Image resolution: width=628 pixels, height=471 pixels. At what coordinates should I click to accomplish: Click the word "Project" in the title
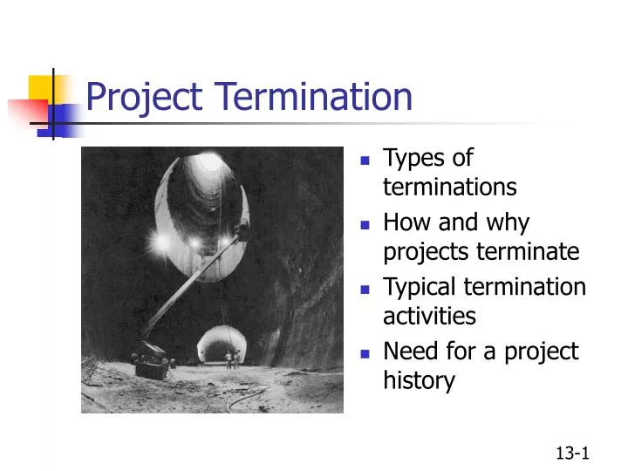139,97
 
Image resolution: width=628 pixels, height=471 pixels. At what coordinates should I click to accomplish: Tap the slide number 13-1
573,452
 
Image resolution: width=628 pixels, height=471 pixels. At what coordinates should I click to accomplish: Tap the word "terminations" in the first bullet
449,188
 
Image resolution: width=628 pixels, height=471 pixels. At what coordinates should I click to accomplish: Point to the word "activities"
429,316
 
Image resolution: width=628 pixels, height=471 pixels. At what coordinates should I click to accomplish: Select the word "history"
419,381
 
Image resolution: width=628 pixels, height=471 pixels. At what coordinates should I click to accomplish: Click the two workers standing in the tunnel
233,358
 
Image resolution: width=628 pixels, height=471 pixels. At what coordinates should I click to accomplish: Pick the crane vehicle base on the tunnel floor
151,359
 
